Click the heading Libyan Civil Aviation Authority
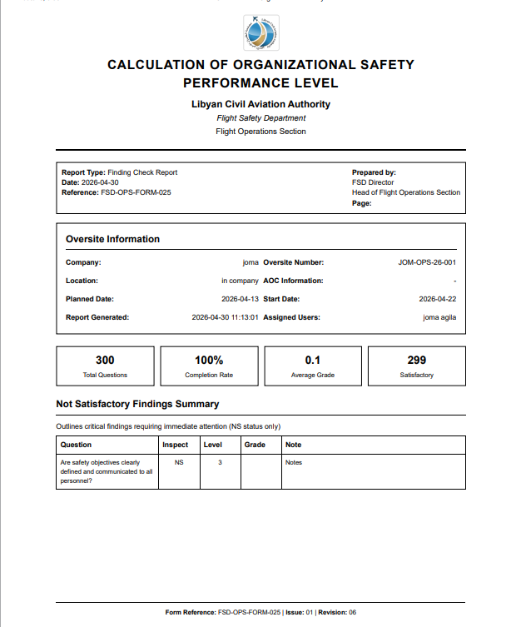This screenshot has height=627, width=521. pos(260,104)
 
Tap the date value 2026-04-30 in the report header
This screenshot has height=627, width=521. pos(101,182)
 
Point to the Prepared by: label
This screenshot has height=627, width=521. pos(374,172)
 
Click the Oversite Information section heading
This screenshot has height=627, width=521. pos(112,239)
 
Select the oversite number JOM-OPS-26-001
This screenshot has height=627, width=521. pos(427,262)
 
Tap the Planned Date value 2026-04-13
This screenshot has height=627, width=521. pos(240,299)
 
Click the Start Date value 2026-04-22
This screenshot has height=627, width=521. pos(437,299)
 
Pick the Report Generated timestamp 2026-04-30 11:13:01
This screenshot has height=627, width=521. pos(225,317)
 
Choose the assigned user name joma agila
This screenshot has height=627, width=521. pos(439,317)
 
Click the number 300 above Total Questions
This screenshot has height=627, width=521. pos(105,360)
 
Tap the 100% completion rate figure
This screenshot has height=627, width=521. pos(209,360)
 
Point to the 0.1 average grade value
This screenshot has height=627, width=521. pos(313,360)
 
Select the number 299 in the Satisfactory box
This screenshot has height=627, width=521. pos(417,360)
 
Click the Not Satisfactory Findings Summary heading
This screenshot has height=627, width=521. pos(137,404)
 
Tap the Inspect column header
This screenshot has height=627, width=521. pos(176,445)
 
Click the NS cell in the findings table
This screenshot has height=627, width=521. pos(179,462)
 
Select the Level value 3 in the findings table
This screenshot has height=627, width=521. pos(220,462)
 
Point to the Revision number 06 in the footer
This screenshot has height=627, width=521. pos(352,613)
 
